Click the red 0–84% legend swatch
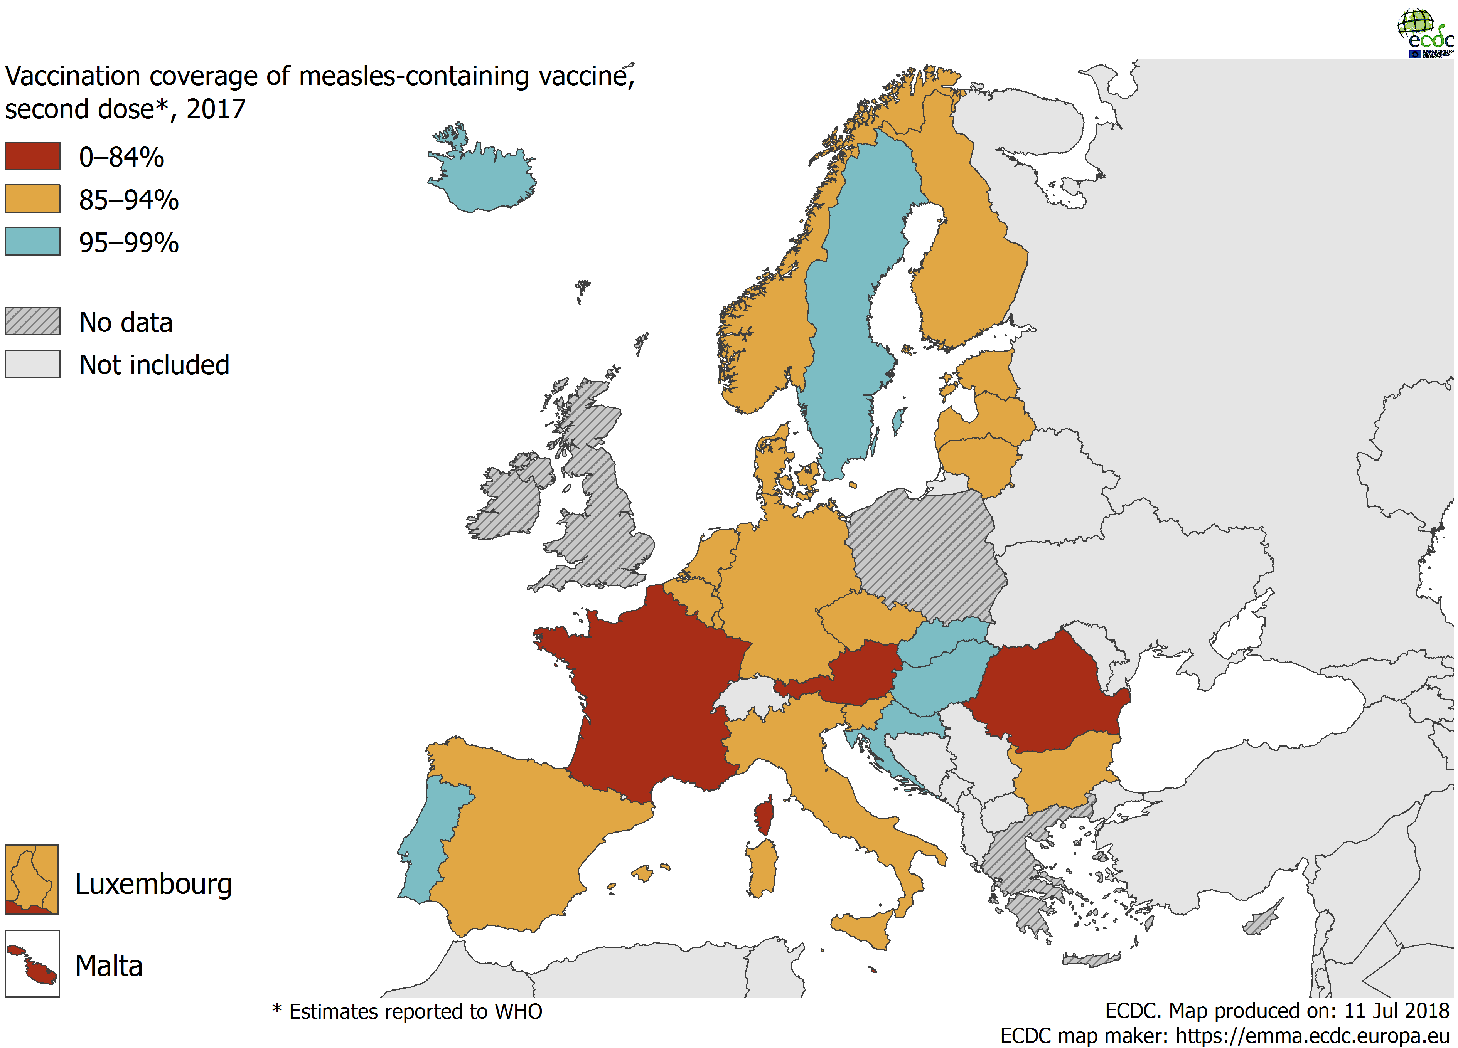click(32, 156)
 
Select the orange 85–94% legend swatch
click(32, 198)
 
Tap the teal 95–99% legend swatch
click(32, 242)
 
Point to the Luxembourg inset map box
click(32, 880)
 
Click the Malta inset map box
click(32, 964)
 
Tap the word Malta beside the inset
click(109, 966)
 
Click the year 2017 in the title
click(216, 109)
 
